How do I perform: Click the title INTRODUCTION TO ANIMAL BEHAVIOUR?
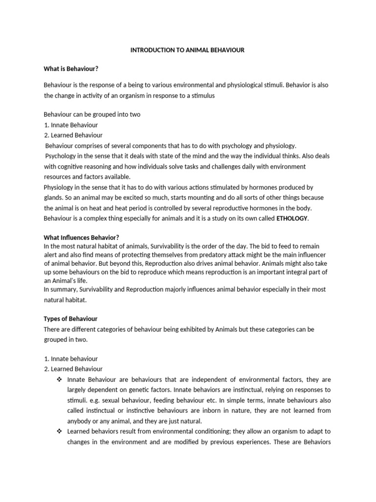pyautogui.click(x=187, y=50)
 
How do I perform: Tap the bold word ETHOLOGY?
pyautogui.click(x=292, y=218)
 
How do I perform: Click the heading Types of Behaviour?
pyautogui.click(x=70, y=319)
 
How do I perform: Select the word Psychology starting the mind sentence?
pyautogui.click(x=62, y=156)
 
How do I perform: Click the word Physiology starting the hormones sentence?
pyautogui.click(x=60, y=187)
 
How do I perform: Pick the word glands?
pyautogui.click(x=53, y=198)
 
